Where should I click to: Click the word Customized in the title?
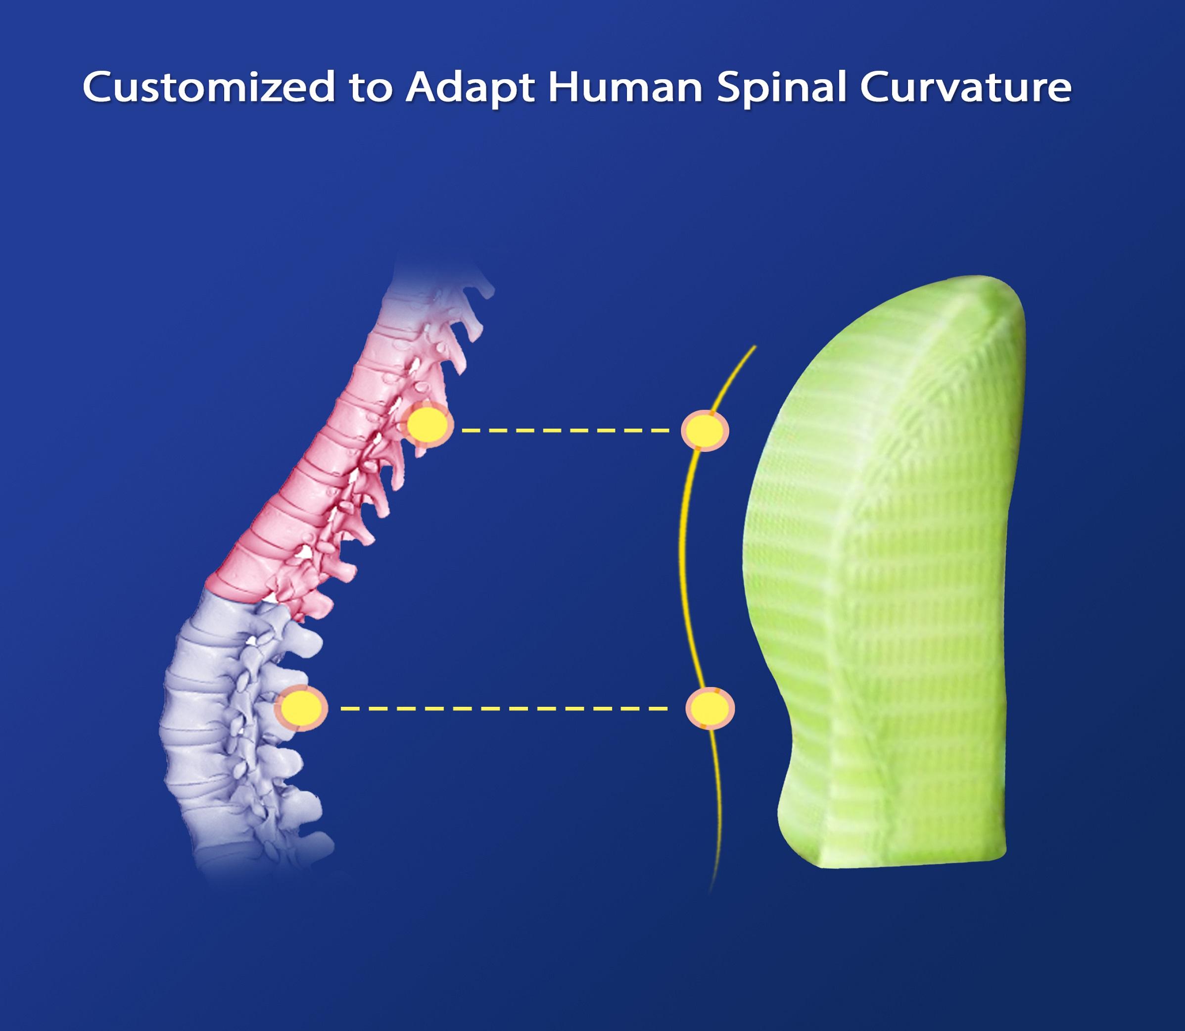[x=205, y=88]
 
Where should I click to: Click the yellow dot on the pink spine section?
[x=428, y=426]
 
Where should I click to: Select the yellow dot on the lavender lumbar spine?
[x=302, y=708]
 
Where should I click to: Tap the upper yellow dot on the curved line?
[x=705, y=430]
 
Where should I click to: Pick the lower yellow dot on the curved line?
[x=710, y=708]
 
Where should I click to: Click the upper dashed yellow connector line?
[x=567, y=430]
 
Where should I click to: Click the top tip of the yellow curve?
[x=754, y=347]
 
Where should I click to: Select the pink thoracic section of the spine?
[x=322, y=460]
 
